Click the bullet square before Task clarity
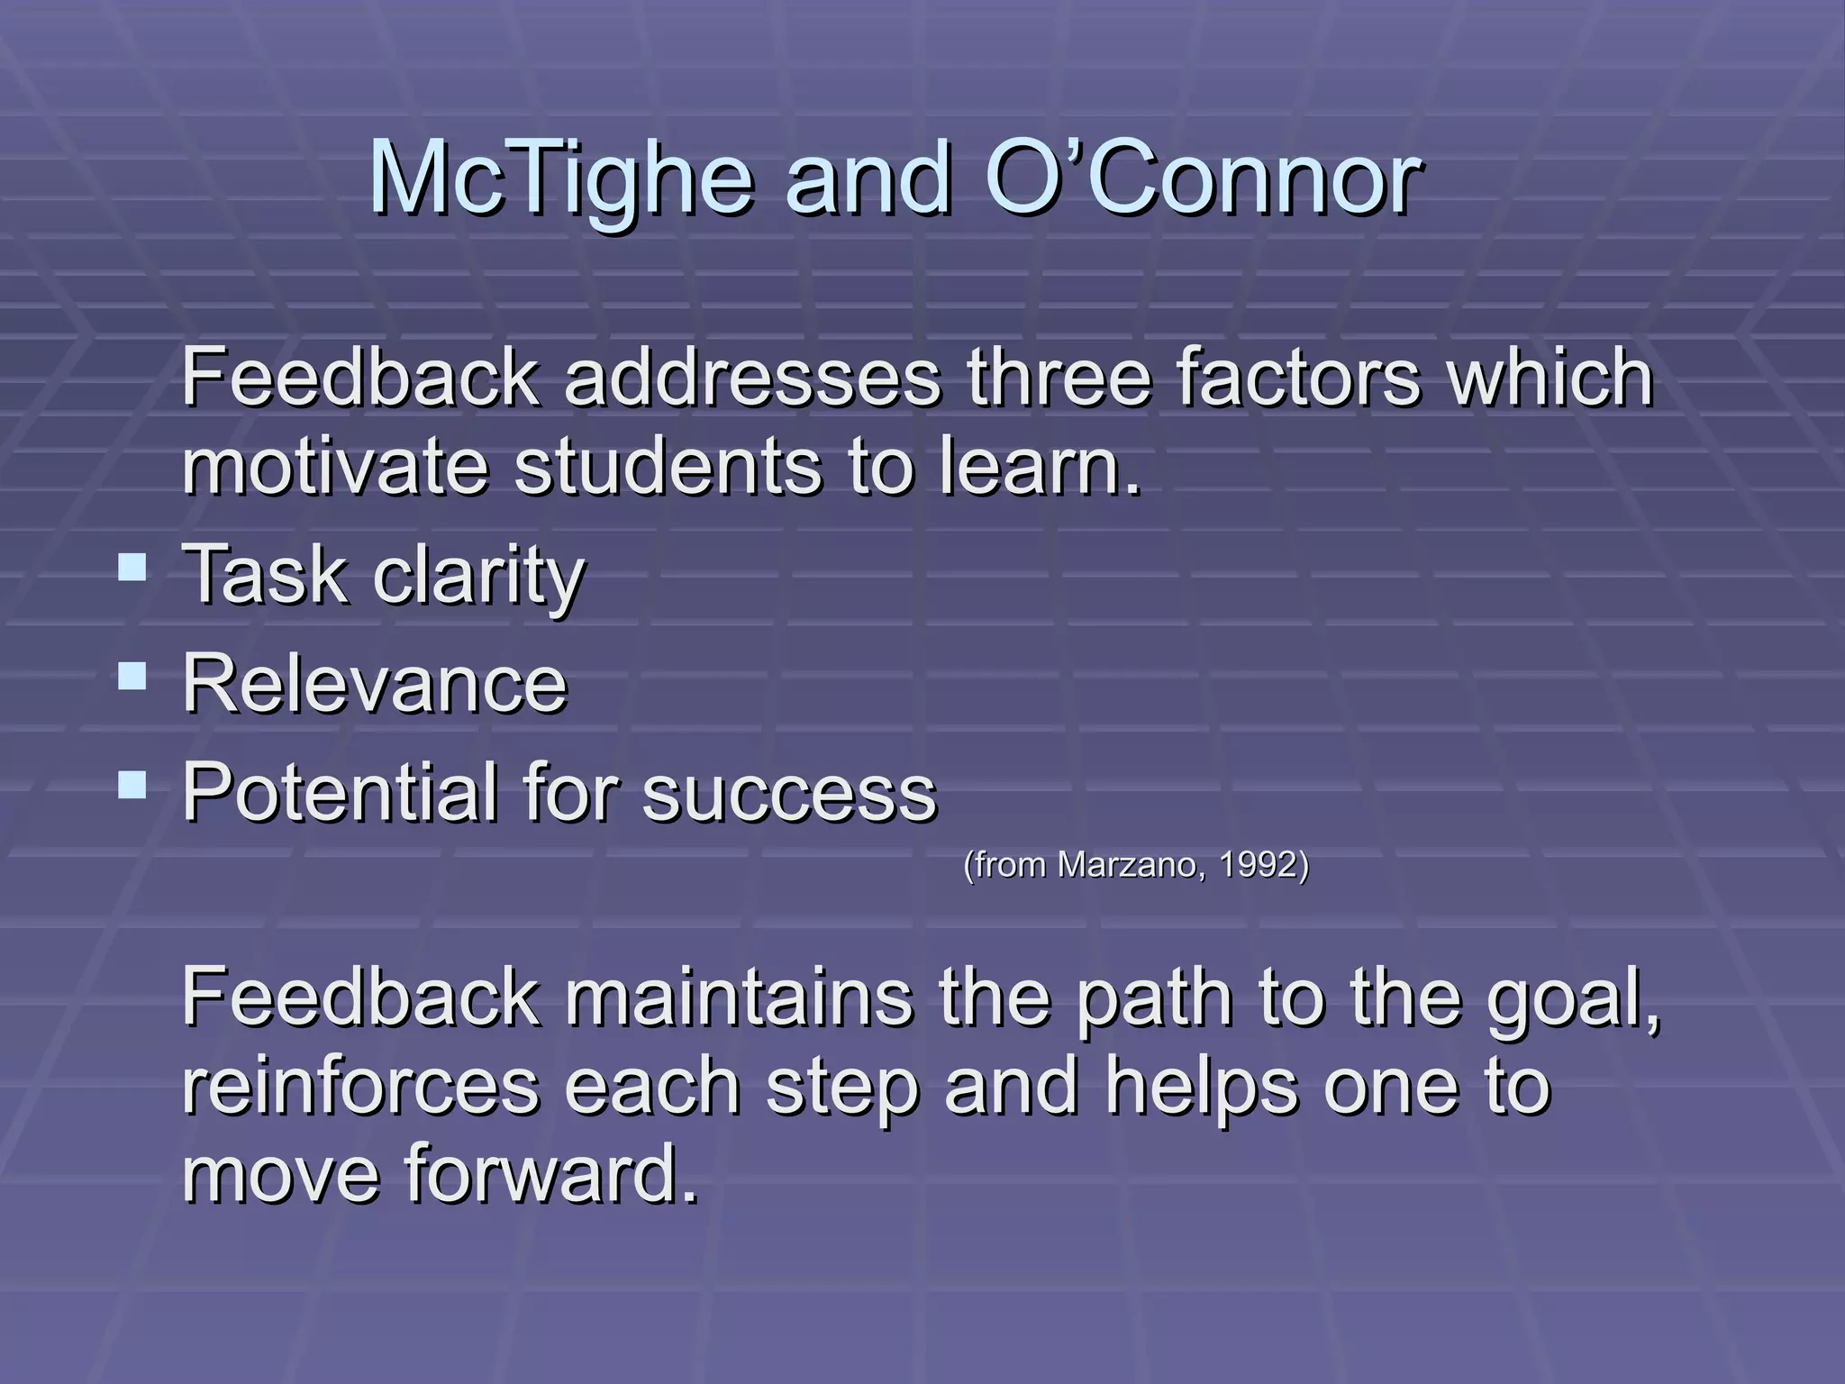click(x=132, y=568)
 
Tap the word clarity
click(x=479, y=577)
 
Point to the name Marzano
click(x=1131, y=865)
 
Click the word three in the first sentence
click(x=1059, y=378)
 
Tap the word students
click(x=668, y=467)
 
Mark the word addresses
click(x=753, y=378)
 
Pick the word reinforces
click(x=360, y=1087)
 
